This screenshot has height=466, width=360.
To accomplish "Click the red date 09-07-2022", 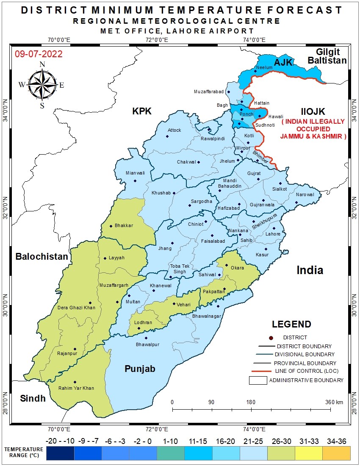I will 39,54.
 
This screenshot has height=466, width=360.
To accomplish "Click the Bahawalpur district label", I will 147,344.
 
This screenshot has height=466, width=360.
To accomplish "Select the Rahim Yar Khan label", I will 77,388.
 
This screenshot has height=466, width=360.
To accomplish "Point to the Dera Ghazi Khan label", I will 76,308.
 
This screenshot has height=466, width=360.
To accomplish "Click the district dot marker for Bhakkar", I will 111,226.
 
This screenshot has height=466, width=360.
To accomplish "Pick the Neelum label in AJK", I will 264,67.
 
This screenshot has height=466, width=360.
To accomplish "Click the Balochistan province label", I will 42,256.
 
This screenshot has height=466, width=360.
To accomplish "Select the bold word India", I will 310,270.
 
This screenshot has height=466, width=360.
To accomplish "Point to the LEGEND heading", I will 291,325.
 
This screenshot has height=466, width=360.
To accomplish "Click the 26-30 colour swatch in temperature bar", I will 281,453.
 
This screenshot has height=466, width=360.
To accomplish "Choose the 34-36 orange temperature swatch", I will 336,453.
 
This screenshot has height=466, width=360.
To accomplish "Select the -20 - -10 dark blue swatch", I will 60,453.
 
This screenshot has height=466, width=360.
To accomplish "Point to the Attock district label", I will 174,130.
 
